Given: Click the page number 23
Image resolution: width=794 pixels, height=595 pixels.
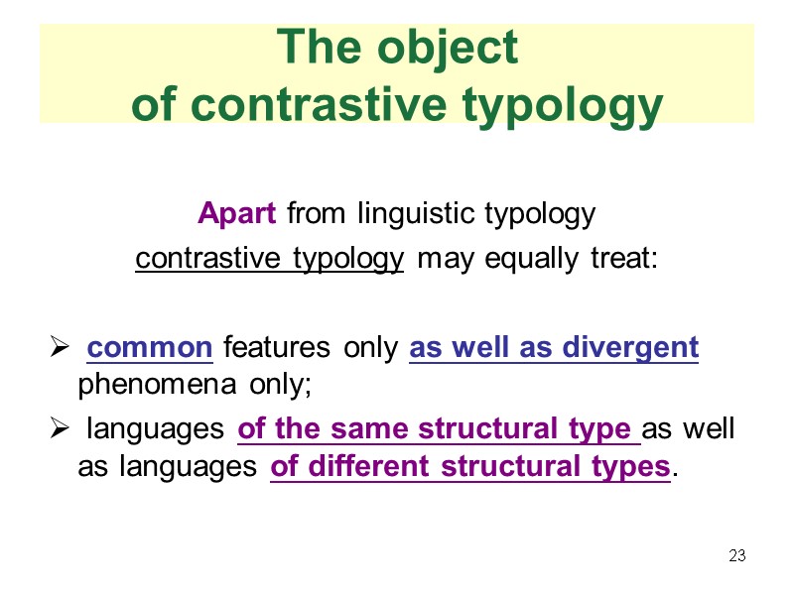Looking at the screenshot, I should pyautogui.click(x=736, y=555).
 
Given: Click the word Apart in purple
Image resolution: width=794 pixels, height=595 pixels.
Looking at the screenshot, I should pyautogui.click(x=239, y=213).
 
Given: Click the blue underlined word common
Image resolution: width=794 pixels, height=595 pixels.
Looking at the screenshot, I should pyautogui.click(x=150, y=348).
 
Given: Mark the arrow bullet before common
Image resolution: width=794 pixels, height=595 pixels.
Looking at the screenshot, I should pyautogui.click(x=59, y=349).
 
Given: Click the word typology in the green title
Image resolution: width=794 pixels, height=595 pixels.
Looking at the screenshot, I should pyautogui.click(x=564, y=105).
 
